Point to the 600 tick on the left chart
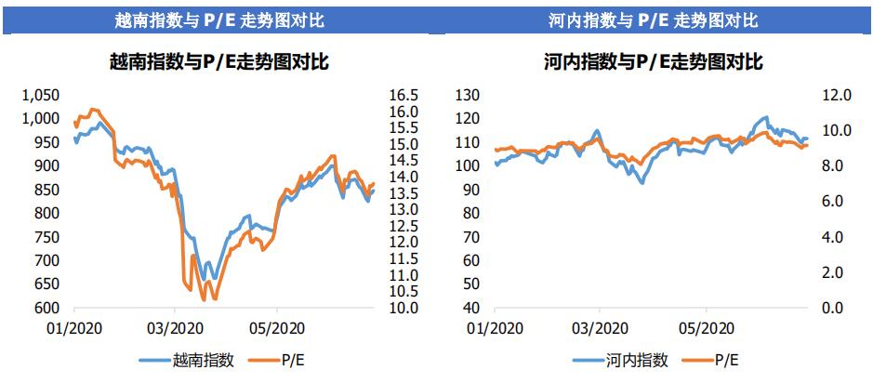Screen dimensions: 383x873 47,309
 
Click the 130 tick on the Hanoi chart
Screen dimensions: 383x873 468,95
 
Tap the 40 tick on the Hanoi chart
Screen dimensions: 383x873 471,309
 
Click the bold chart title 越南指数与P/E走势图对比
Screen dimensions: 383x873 219,62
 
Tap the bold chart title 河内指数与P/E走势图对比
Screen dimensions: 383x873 654,62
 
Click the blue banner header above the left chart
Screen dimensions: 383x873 219,19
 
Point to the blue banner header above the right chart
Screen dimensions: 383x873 654,19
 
